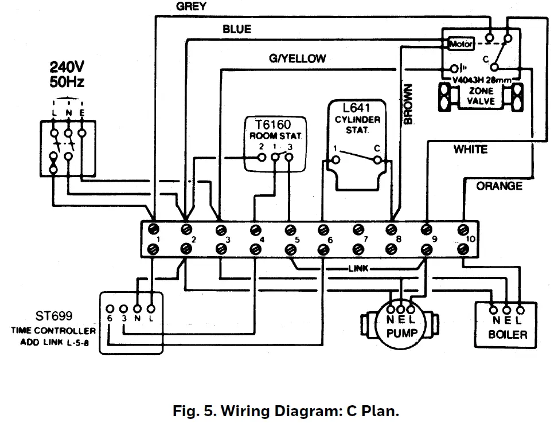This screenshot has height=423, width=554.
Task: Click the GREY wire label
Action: click(x=192, y=6)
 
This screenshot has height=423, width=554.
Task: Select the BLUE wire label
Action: click(x=237, y=29)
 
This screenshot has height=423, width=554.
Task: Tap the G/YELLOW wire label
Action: click(x=297, y=58)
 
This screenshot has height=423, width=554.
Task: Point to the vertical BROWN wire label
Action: click(x=408, y=104)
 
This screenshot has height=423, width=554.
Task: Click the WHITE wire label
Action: click(x=470, y=150)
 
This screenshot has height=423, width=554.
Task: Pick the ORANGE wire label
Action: click(x=499, y=186)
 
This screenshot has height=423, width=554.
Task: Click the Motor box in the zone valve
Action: click(x=460, y=44)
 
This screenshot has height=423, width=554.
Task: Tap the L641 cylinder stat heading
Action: click(x=357, y=107)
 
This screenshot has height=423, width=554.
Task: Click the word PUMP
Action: click(x=401, y=334)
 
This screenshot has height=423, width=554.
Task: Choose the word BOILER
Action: click(x=508, y=334)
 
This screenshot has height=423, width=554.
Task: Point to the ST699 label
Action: click(x=50, y=316)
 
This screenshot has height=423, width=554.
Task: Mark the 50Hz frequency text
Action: click(x=67, y=82)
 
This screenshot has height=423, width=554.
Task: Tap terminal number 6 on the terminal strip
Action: click(x=329, y=240)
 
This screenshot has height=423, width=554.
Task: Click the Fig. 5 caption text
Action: click(x=285, y=411)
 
